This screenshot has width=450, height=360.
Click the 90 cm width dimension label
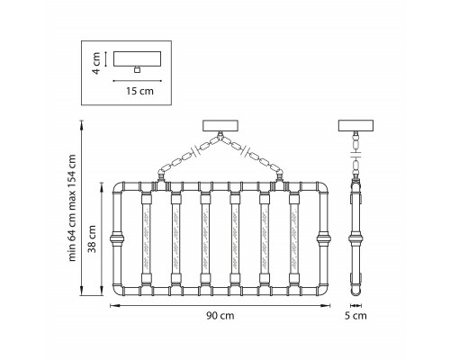[x=220, y=316]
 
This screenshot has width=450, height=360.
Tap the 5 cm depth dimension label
[x=355, y=316]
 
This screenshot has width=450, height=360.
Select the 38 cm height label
[x=93, y=238]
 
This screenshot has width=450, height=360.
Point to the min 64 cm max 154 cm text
[x=72, y=208]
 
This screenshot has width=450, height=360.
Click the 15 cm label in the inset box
[x=139, y=91]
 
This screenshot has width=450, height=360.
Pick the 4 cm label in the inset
[x=96, y=63]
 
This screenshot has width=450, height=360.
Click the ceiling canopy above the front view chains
[x=220, y=126]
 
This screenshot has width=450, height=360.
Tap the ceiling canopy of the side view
[x=355, y=126]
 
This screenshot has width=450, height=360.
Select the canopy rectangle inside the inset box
[x=137, y=58]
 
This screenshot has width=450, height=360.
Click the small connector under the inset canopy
[x=137, y=69]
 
